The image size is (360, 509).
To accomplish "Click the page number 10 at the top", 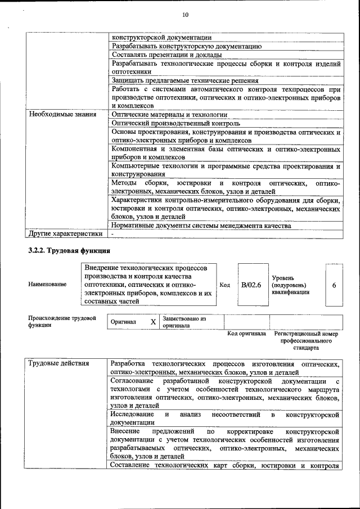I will pos(186,15).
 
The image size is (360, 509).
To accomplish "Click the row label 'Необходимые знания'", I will pos(62,114).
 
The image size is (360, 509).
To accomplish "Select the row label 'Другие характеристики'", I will pos(65,233).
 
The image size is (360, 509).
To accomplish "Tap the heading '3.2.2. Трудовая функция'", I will pos(69,250).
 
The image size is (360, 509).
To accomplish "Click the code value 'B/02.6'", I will pos(251,285).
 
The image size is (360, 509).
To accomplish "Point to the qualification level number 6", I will pos(334,285).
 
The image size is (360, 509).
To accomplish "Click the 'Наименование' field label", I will pos(47,285).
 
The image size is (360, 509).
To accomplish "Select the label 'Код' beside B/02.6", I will pos(224,285).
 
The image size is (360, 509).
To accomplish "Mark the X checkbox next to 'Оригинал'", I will pos(152,322).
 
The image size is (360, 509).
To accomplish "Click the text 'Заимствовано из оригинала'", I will pos(184,322).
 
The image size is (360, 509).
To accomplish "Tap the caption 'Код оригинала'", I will pos(246,334).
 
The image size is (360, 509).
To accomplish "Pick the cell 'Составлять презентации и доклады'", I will pos(166,55).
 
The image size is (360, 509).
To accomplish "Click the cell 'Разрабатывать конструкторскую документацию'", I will pos(186,46).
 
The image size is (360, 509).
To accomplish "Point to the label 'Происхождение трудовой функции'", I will pos(62,322).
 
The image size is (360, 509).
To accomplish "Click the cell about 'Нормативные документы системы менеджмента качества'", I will pos(201,226).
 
